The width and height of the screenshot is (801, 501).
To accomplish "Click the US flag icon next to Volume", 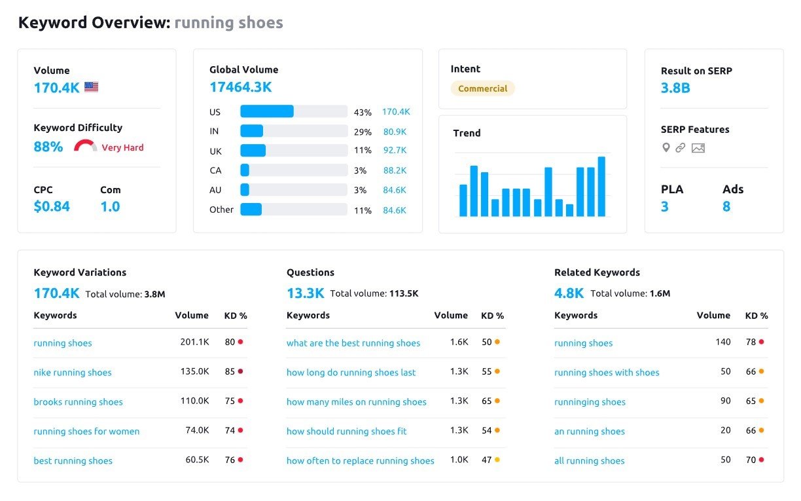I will point(91,87).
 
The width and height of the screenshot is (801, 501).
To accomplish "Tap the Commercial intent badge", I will point(482,88).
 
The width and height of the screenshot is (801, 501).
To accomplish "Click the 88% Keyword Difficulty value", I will point(48,147).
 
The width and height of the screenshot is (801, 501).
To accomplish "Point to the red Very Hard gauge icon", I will point(85,146).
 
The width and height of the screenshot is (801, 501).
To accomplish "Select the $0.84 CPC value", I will point(52,207).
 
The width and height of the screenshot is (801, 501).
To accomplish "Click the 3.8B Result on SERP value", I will point(675,88).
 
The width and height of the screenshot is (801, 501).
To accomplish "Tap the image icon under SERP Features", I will point(698,148).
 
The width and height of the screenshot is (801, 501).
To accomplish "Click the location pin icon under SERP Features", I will point(666,147).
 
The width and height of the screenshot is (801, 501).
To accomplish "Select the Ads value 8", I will point(726,207).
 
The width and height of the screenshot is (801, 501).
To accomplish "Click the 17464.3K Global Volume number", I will point(240,87).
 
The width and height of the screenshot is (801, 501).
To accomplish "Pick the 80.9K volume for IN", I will point(395,132).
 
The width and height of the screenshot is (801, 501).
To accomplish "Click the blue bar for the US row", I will point(267,112).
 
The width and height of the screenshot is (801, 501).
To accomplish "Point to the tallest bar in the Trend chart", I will point(601,187).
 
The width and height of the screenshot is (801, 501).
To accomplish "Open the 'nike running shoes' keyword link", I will point(73,373).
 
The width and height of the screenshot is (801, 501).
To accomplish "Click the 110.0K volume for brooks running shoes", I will point(194,401).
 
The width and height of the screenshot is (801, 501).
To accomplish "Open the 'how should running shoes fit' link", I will point(346,432).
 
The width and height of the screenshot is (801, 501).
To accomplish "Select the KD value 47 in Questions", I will point(486,460).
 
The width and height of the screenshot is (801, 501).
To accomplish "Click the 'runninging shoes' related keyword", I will point(590,402).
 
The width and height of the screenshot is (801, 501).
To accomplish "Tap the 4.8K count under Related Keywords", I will point(569,293).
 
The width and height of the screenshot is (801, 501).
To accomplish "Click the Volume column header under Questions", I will point(451,316).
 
